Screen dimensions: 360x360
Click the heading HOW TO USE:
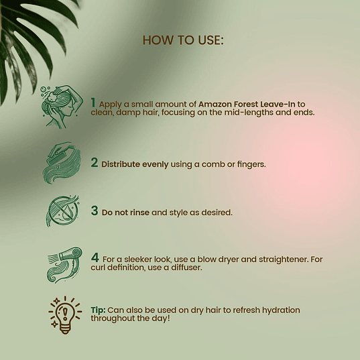(x=183, y=40)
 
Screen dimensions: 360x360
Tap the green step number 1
(x=93, y=103)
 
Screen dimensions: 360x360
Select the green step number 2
(x=95, y=162)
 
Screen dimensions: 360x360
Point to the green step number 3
(x=95, y=211)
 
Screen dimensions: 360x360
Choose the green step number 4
(x=95, y=257)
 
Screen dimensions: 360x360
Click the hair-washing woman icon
(x=62, y=107)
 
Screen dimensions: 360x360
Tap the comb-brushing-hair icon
(x=62, y=162)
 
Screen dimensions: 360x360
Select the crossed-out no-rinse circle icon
(x=62, y=211)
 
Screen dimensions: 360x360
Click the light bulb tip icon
(x=65, y=315)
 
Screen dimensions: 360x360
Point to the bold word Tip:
(x=98, y=310)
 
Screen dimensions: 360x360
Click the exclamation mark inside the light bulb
(x=65, y=313)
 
